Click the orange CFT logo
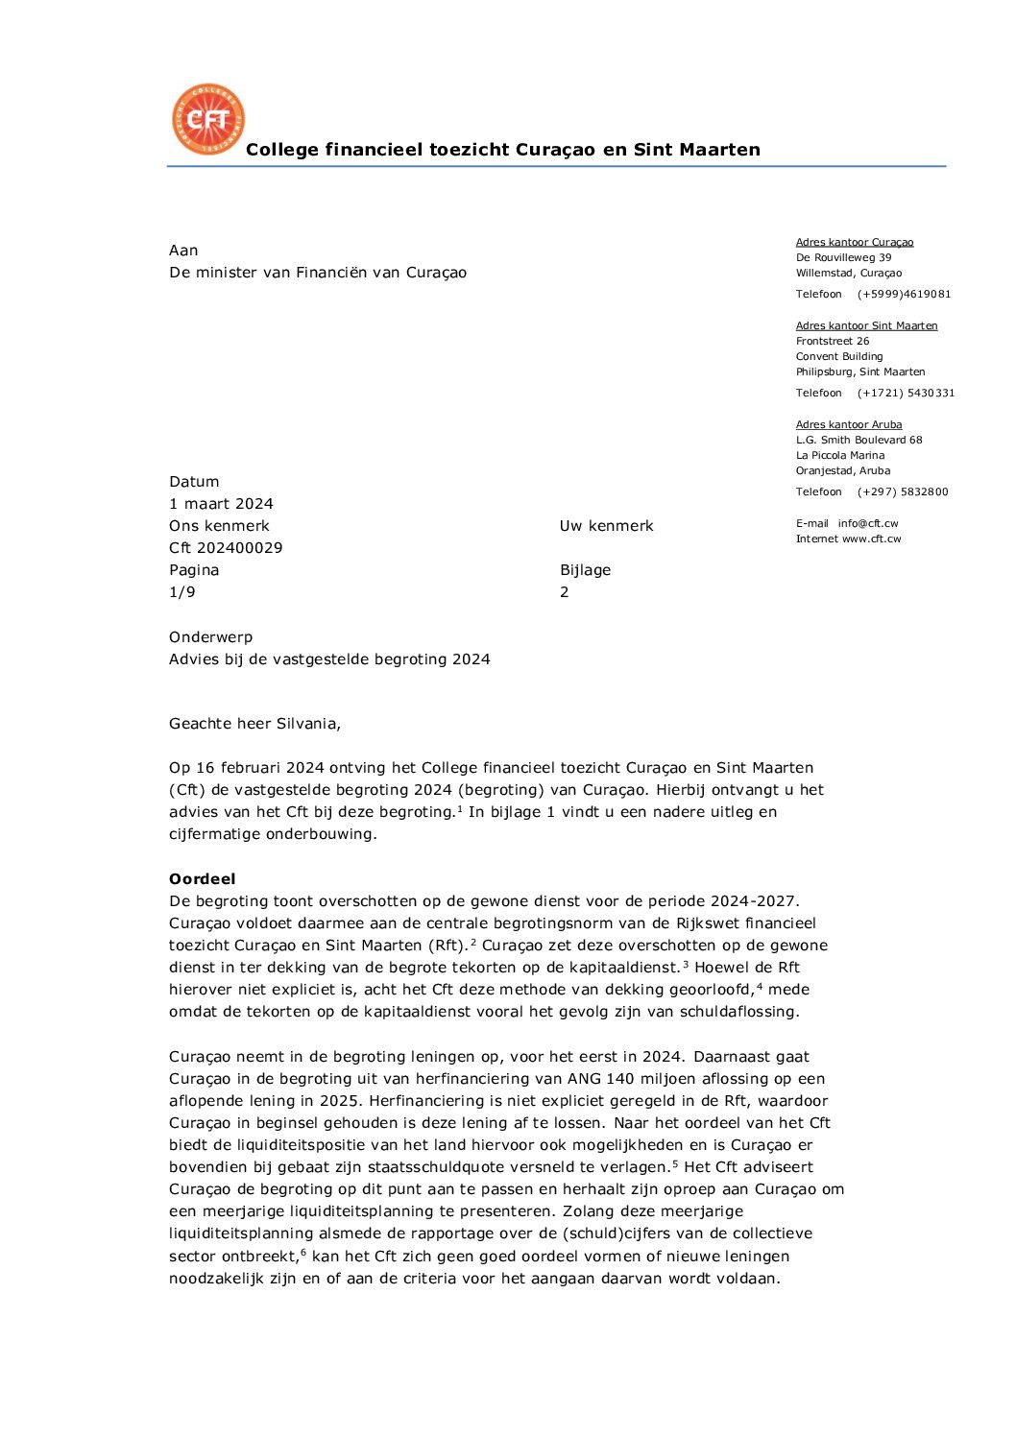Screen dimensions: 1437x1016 [208, 119]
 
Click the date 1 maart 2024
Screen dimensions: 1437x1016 [221, 504]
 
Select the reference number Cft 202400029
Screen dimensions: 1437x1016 [226, 548]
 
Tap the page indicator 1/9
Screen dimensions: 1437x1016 [182, 592]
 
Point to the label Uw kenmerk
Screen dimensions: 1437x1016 [606, 526]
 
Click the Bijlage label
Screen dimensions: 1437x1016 [585, 570]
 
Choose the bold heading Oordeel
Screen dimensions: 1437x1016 [202, 879]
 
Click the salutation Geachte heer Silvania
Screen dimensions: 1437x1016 [254, 724]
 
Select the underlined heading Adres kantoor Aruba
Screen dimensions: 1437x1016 [849, 424]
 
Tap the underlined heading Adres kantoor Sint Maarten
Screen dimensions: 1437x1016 [866, 325]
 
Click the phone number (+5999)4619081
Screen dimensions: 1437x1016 [904, 295]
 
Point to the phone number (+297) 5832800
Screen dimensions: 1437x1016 [903, 492]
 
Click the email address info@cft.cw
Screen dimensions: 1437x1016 [868, 524]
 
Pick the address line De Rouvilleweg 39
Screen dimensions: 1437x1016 [843, 257]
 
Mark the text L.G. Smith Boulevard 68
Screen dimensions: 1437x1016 [859, 441]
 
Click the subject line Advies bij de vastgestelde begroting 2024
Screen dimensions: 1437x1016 [329, 659]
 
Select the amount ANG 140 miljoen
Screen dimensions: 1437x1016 [623, 1079]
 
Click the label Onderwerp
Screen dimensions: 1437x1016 [210, 637]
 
